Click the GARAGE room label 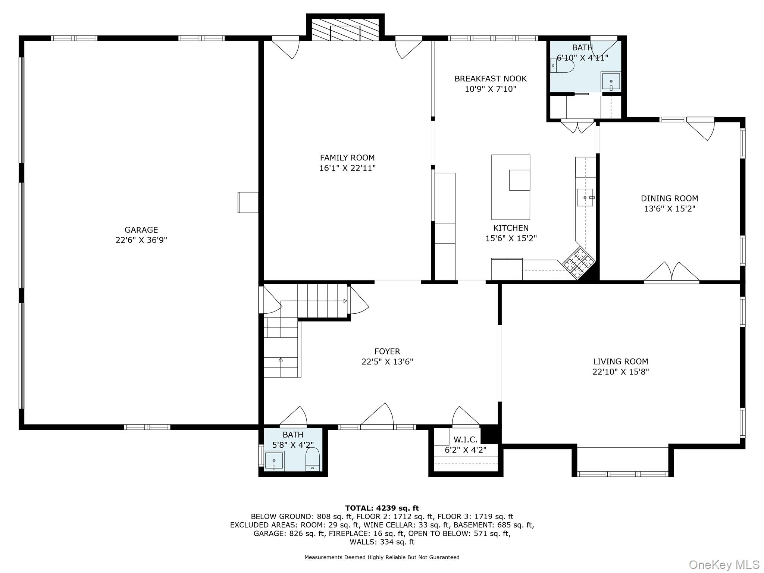pyautogui.click(x=141, y=230)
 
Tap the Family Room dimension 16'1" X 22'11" pyautogui.click(x=347, y=168)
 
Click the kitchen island pyautogui.click(x=510, y=187)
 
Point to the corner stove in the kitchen pyautogui.click(x=577, y=263)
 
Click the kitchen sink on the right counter pyautogui.click(x=585, y=197)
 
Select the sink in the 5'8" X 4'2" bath pyautogui.click(x=274, y=461)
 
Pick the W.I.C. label pyautogui.click(x=466, y=439)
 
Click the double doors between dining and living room pyautogui.click(x=671, y=272)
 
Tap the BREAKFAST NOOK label pyautogui.click(x=490, y=79)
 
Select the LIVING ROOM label pyautogui.click(x=620, y=361)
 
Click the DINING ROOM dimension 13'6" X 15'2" pyautogui.click(x=669, y=209)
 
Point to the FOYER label pyautogui.click(x=387, y=351)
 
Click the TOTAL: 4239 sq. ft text pyautogui.click(x=382, y=508)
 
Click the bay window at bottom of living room pyautogui.click(x=622, y=474)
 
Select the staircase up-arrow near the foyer pyautogui.click(x=281, y=360)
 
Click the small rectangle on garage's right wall pyautogui.click(x=248, y=202)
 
